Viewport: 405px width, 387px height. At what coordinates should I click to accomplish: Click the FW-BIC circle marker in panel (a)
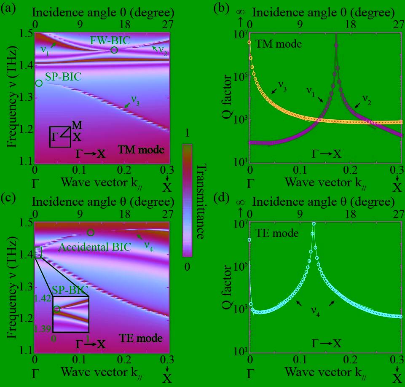point(114,50)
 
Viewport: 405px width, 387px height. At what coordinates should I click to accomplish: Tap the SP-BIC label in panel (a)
point(63,78)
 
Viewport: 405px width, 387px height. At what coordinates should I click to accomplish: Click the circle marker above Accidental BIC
point(91,232)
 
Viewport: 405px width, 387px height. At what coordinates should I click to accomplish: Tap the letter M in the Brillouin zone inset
point(77,125)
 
